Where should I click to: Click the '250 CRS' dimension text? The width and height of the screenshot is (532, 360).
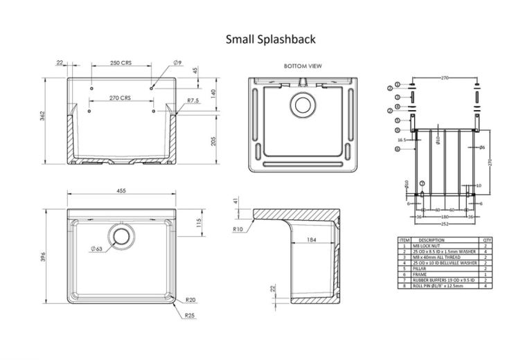tap(121, 63)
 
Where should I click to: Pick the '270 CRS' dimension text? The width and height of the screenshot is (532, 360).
tap(121, 98)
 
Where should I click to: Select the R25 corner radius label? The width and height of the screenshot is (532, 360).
tap(190, 316)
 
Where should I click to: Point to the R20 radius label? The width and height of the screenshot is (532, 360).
tap(190, 300)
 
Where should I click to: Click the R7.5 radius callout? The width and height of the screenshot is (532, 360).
tap(193, 101)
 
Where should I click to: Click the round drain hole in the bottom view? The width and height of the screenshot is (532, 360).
tap(302, 105)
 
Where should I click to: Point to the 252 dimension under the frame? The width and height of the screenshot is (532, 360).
tap(443, 224)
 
